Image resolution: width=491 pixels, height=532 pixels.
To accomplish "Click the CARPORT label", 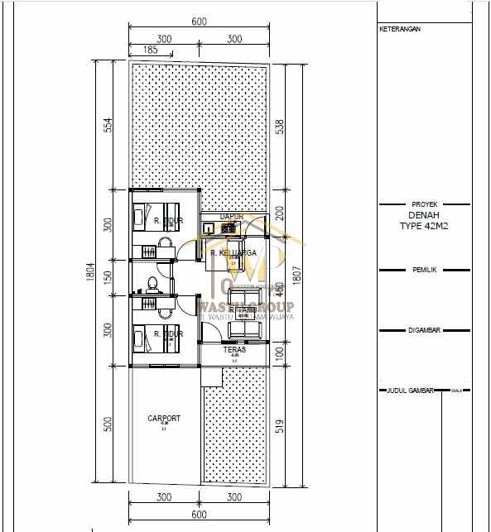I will (164, 419).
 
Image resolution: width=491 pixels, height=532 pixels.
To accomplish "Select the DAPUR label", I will (231, 217).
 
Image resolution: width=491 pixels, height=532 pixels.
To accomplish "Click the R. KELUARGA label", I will (232, 252).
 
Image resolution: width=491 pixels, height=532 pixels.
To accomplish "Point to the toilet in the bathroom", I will (150, 284).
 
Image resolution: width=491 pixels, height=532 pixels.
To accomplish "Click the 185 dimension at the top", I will (151, 50).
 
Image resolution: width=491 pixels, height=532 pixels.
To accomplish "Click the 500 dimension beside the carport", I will (107, 424).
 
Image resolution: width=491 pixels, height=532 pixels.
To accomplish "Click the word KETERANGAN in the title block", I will (400, 29).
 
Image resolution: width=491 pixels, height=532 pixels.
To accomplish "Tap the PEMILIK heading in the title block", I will (424, 270).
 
